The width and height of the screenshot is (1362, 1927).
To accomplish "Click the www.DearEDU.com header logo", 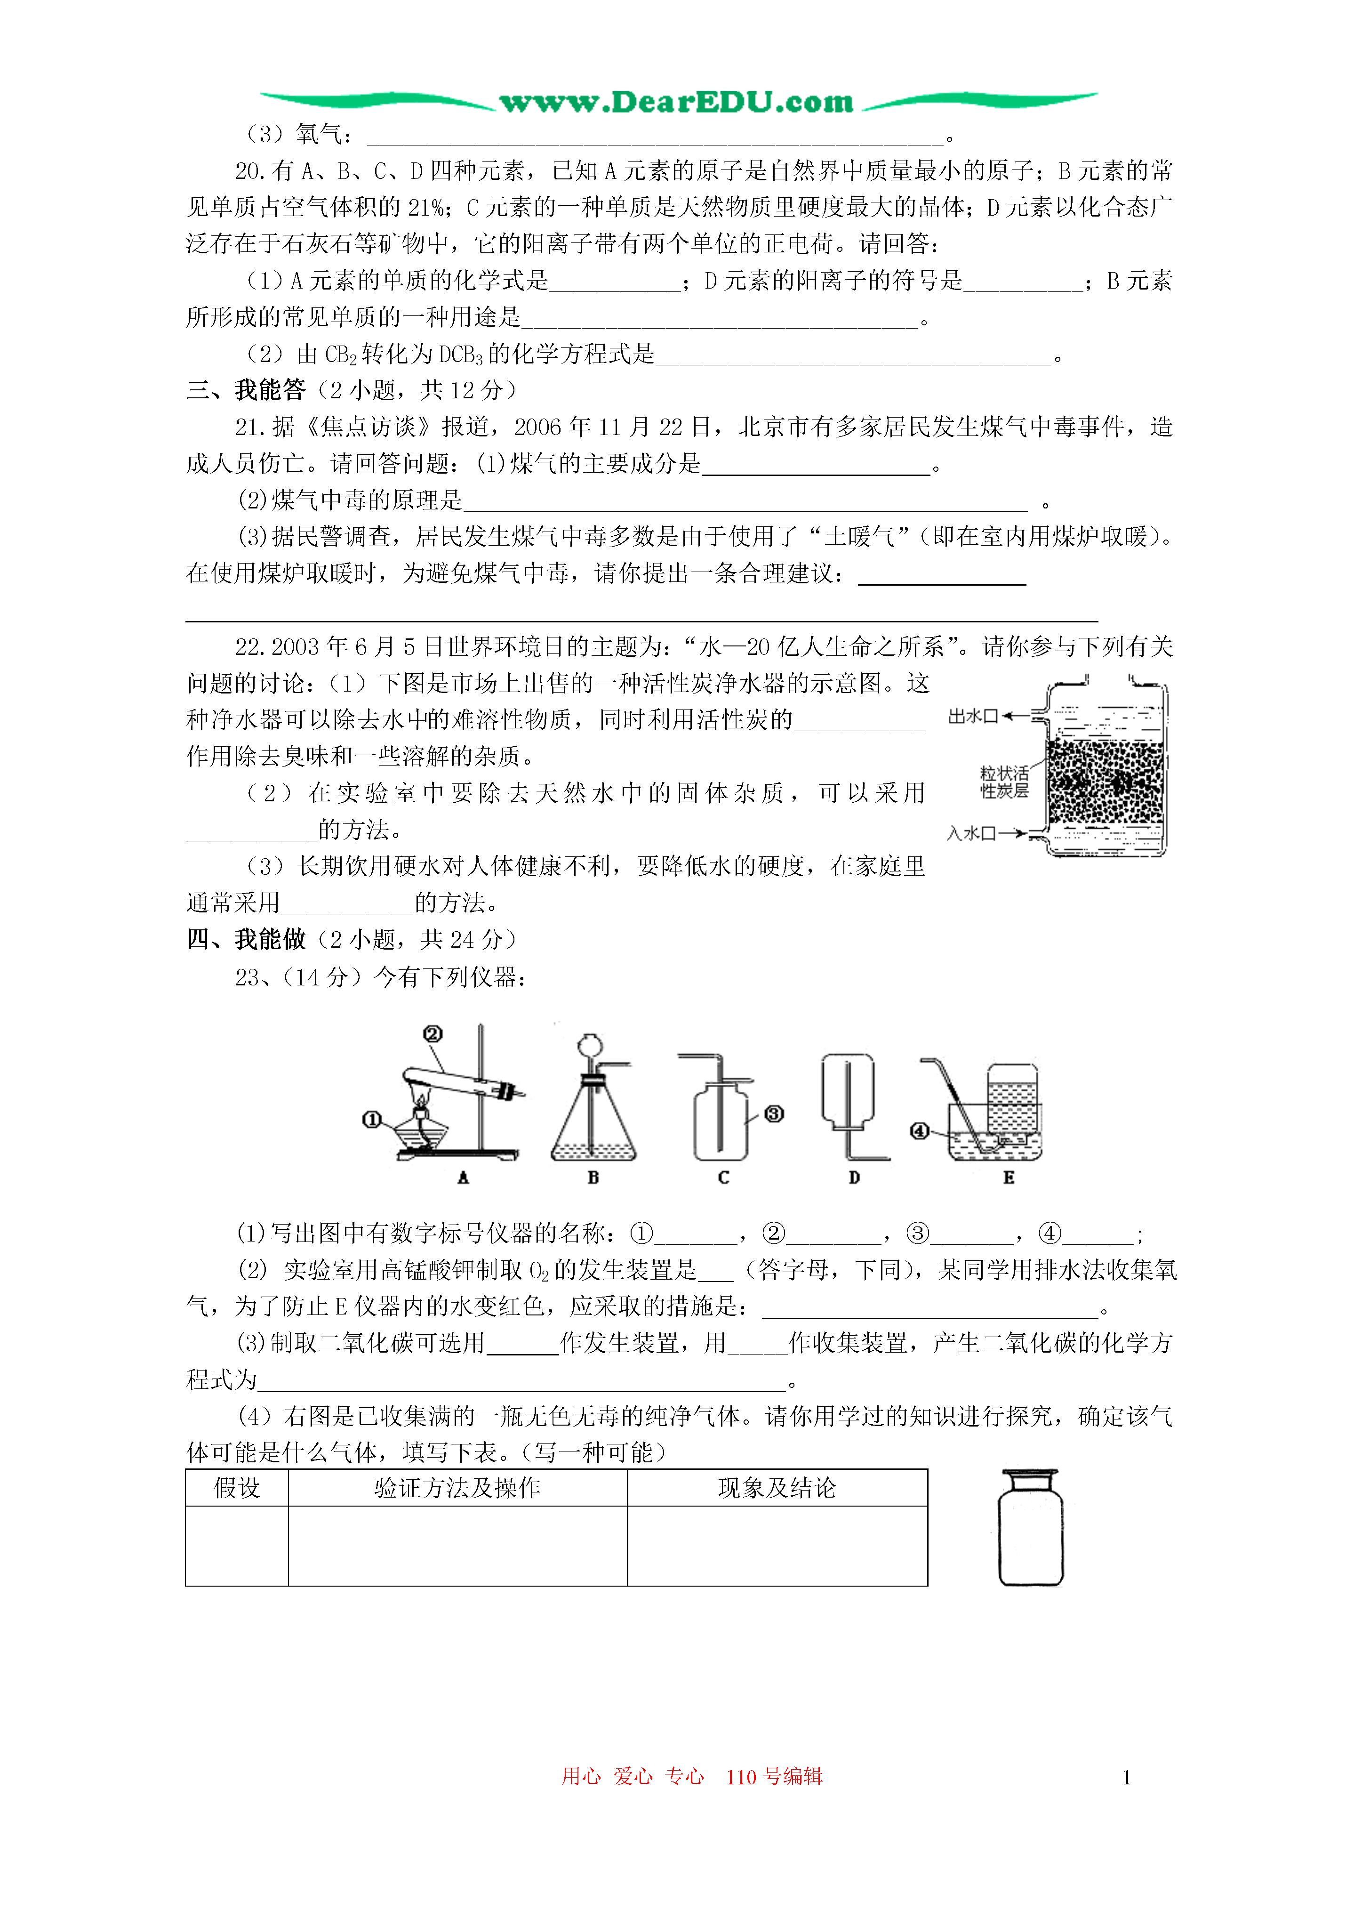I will click(x=676, y=102).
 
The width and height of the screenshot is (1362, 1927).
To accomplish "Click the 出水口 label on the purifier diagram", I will click(x=973, y=716).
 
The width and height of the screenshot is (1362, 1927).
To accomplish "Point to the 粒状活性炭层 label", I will click(x=1004, y=782).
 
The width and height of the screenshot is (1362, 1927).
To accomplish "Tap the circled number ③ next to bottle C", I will click(x=774, y=1113).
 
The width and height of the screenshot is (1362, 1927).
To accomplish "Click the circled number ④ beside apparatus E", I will click(x=920, y=1130).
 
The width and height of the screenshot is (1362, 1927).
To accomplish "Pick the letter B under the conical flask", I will click(x=593, y=1177).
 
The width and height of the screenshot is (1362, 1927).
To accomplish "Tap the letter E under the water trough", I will click(x=1008, y=1177).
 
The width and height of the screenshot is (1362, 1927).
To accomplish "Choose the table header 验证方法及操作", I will click(x=457, y=1488).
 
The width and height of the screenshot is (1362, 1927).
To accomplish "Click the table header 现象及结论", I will click(x=777, y=1488).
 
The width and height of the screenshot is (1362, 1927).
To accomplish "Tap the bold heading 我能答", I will click(x=270, y=390).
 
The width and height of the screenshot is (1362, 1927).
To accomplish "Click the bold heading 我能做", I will click(x=270, y=939).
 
